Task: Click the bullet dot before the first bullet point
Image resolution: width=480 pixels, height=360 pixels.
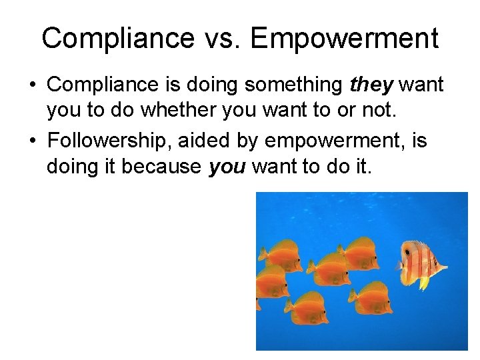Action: tap(32, 85)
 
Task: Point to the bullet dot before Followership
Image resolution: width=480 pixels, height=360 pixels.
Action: tap(32, 141)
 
